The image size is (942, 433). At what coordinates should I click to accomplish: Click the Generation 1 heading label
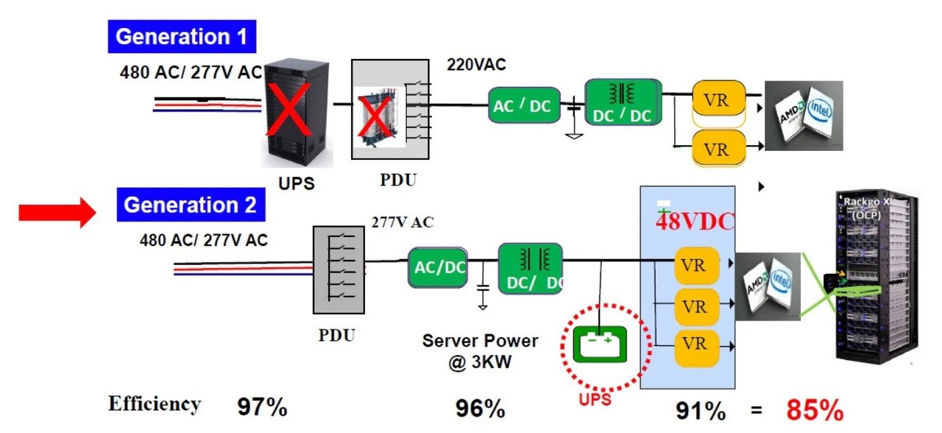point(184,36)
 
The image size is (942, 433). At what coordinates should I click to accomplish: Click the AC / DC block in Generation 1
point(523,105)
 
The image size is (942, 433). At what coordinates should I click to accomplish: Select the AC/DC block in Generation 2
point(438,267)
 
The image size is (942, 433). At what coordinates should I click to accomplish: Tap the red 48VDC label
point(695,222)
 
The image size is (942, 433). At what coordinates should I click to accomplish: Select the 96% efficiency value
point(479,408)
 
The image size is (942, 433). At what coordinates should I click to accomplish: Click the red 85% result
point(814,409)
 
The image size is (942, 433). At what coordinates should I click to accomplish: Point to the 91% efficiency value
point(700,410)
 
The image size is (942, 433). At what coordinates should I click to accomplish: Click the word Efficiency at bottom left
point(154,404)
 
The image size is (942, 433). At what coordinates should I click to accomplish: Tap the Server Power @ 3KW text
point(480,352)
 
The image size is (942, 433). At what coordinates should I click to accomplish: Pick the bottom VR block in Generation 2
point(694,343)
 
